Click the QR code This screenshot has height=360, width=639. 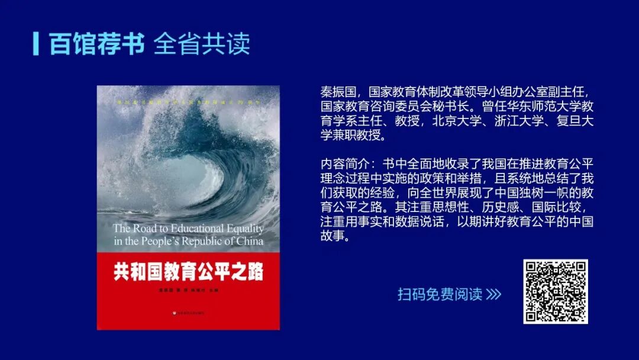click(555, 292)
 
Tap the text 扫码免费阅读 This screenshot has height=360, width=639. click(440, 294)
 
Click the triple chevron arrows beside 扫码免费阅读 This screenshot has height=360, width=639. click(493, 294)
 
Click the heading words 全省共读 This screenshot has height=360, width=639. click(202, 44)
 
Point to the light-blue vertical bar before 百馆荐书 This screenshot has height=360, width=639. click(36, 43)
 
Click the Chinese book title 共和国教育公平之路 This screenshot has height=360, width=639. click(188, 272)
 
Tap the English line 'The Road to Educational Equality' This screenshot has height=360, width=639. click(188, 228)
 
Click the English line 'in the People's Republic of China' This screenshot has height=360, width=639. click(188, 241)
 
